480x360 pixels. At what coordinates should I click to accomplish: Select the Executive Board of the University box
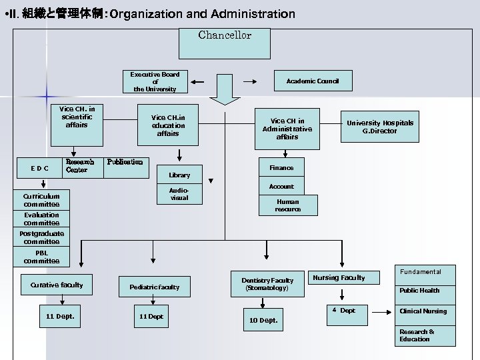pyautogui.click(x=155, y=82)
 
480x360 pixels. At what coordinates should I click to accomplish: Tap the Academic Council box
pyautogui.click(x=313, y=81)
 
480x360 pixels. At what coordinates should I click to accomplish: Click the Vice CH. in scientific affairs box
pyautogui.click(x=77, y=117)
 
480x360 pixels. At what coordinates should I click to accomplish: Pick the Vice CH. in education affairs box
pyautogui.click(x=168, y=126)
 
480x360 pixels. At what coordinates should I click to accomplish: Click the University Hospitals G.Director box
pyautogui.click(x=379, y=127)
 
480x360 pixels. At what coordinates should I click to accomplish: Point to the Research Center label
pyautogui.click(x=79, y=166)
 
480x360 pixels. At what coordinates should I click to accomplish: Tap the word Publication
pyautogui.click(x=125, y=161)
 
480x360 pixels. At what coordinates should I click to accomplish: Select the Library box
pyautogui.click(x=179, y=175)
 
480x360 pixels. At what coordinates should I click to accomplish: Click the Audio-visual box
pyautogui.click(x=179, y=194)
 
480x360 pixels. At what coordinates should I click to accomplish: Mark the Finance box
pyautogui.click(x=281, y=168)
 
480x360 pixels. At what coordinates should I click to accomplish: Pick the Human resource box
pyautogui.click(x=288, y=205)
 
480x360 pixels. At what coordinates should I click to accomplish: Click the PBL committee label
pyautogui.click(x=41, y=257)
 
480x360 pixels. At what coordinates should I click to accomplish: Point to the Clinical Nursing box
pyautogui.click(x=423, y=311)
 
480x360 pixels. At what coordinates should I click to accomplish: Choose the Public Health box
pyautogui.click(x=419, y=291)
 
